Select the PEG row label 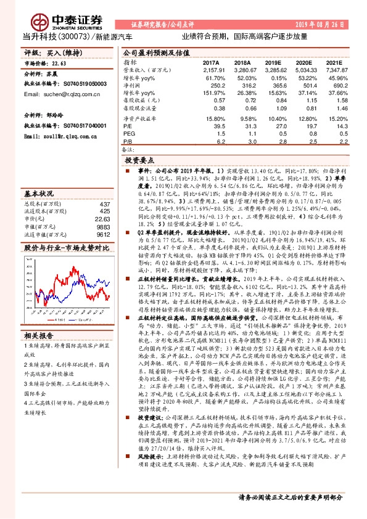point(130,133)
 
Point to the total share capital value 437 point(104,203)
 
